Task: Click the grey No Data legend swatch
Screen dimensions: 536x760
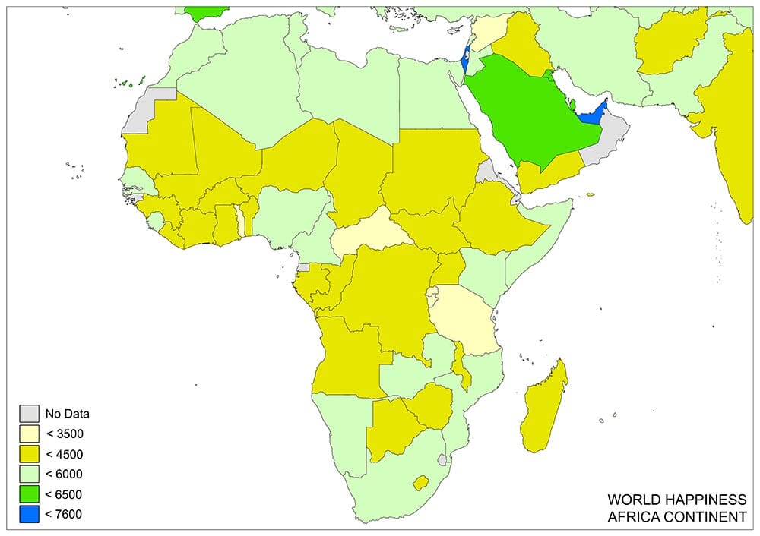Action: [x=29, y=414]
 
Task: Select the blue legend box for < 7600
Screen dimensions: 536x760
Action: [x=29, y=514]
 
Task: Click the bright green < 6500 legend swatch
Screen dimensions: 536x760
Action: [x=29, y=494]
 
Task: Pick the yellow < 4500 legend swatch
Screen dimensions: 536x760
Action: [x=29, y=454]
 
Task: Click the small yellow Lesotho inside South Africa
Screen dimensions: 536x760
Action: [x=420, y=483]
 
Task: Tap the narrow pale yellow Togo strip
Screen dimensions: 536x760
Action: [x=241, y=221]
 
